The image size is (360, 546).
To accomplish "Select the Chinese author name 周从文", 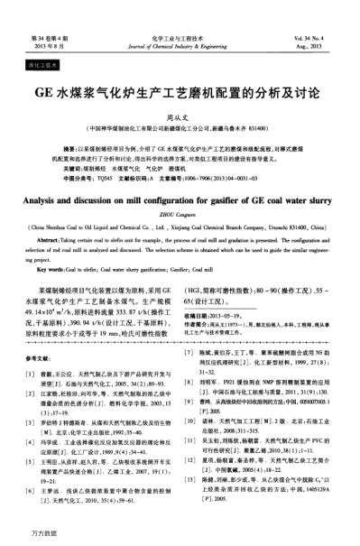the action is (x=180, y=115).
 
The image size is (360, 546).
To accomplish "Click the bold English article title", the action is (x=180, y=203).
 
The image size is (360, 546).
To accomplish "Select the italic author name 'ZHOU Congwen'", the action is (x=180, y=217).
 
